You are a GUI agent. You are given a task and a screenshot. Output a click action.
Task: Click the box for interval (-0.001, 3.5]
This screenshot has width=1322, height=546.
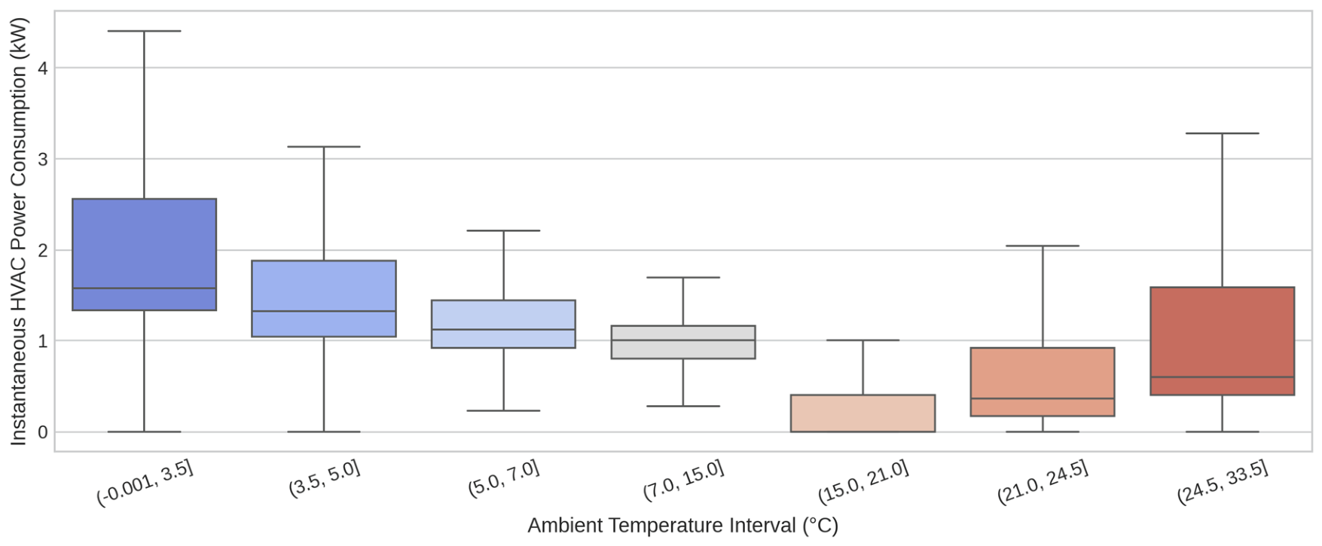coord(144,255)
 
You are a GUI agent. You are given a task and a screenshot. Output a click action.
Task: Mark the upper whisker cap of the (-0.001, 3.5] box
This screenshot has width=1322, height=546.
coord(144,31)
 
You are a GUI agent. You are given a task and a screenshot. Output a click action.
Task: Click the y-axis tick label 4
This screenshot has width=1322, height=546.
coord(42,69)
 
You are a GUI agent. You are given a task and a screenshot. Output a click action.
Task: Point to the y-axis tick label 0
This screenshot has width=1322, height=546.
coord(42,432)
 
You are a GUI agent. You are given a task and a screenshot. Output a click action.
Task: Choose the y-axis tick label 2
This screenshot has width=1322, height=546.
coord(42,250)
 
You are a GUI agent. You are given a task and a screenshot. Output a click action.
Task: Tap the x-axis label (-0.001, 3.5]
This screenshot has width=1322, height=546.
coord(145,483)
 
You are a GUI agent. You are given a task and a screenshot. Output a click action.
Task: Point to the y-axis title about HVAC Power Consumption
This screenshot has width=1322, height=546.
coord(19,231)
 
